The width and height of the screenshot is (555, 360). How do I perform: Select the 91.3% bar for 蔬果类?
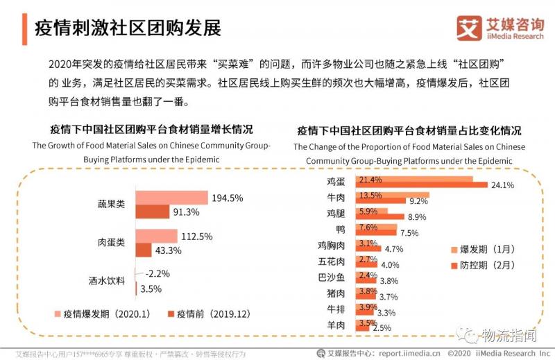click(152, 212)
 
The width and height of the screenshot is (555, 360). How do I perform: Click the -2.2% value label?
click(157, 273)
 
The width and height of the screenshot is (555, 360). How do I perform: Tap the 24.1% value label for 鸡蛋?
click(502, 185)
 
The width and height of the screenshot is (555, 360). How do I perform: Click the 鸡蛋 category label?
click(336, 182)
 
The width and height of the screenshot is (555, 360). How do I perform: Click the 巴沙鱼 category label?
click(331, 277)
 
